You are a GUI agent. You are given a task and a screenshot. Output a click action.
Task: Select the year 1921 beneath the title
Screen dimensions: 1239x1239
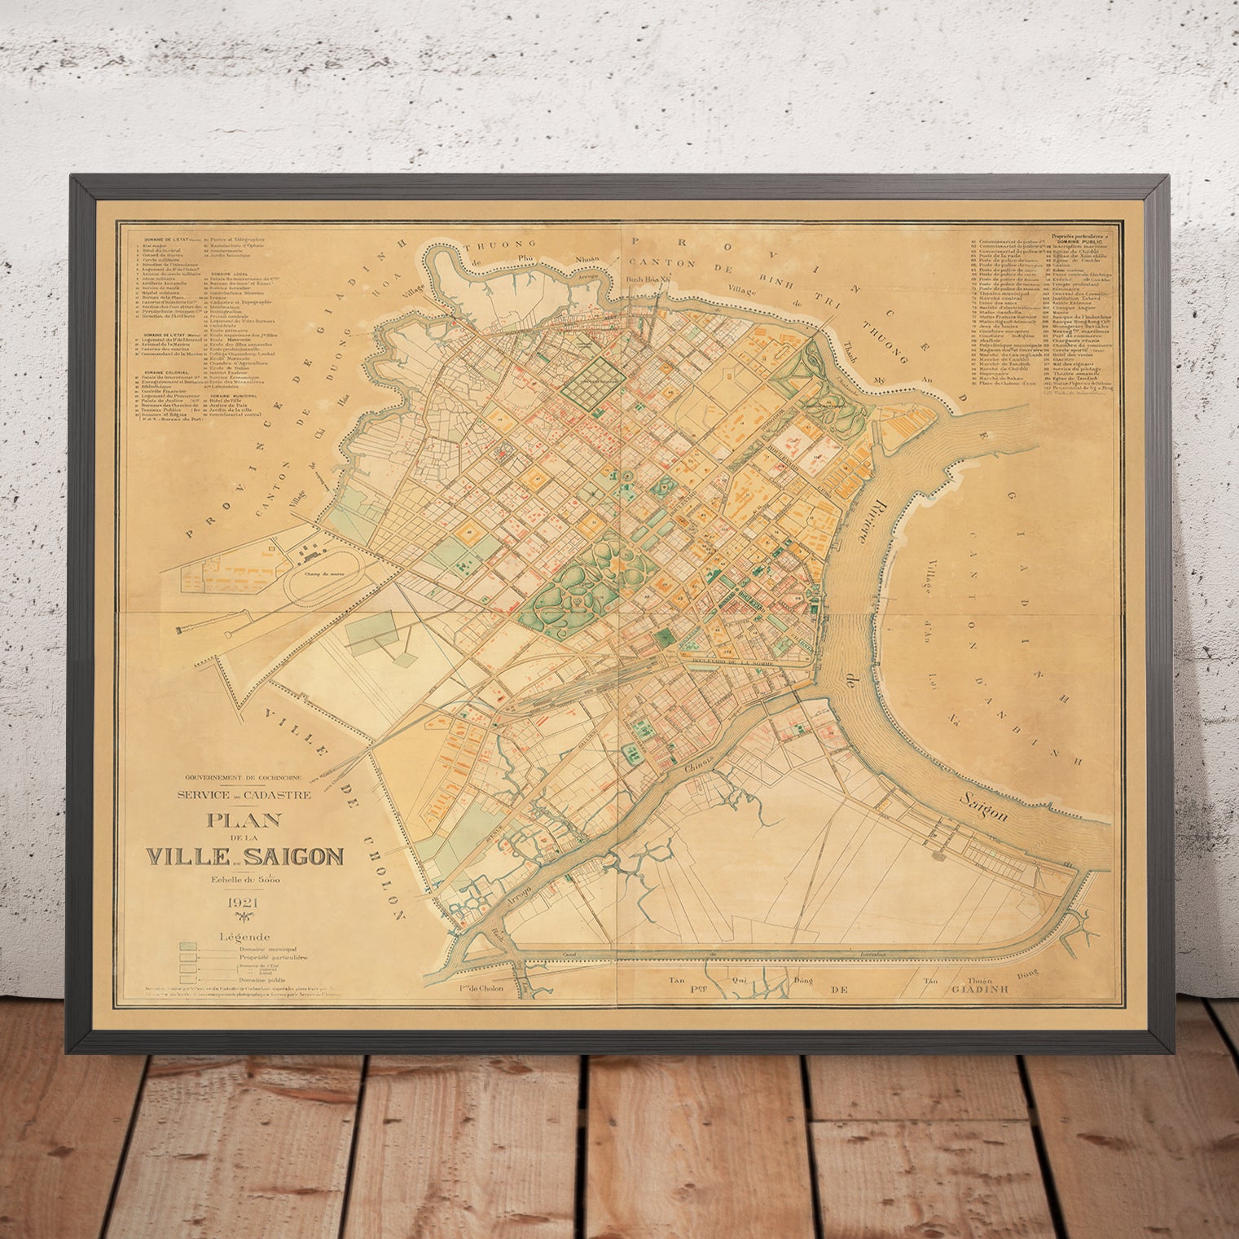tap(244, 903)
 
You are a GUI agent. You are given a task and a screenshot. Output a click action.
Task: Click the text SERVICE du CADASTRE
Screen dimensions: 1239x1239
tap(244, 795)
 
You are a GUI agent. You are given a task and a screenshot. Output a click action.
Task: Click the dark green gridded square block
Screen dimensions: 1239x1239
tap(595, 379)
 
